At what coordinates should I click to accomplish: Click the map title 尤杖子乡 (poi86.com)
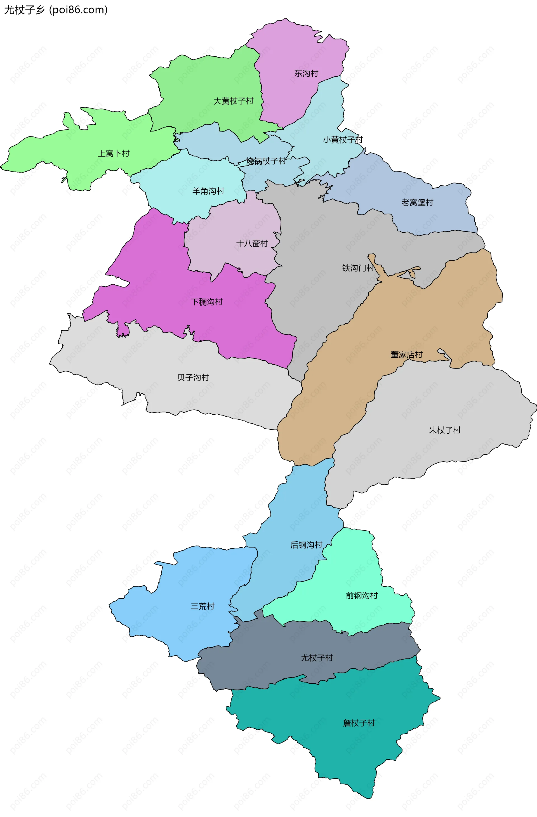tap(56, 10)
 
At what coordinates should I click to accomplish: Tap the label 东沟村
tap(306, 74)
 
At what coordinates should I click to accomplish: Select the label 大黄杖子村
tap(234, 101)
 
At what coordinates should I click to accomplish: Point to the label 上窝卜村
tap(114, 154)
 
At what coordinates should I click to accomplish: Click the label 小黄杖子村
tap(343, 140)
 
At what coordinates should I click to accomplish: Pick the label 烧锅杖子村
tap(266, 161)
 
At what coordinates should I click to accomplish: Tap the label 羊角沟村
tap(208, 191)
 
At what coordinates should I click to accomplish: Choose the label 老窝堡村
tap(417, 202)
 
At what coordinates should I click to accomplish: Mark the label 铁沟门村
tap(358, 268)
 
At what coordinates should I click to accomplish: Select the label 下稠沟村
tap(207, 302)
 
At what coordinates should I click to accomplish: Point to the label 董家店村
tap(407, 355)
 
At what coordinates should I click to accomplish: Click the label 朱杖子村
tap(445, 430)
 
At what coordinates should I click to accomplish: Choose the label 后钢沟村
tap(306, 545)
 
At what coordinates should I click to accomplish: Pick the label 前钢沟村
tap(362, 596)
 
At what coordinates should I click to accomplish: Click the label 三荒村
tap(202, 606)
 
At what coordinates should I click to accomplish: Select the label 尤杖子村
tap(317, 658)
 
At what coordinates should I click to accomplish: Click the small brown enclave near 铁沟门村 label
tap(412, 274)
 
